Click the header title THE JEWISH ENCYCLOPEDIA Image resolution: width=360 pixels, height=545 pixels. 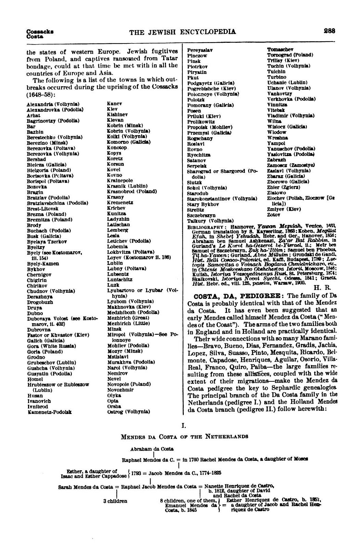(183, 32)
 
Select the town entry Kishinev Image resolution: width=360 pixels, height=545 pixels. (117, 115)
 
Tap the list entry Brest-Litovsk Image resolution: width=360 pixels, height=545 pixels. (42, 208)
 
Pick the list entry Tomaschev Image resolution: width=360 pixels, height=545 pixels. (280, 50)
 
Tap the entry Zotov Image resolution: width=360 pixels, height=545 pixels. (273, 215)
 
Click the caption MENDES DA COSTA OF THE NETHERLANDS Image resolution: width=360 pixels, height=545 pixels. (184, 436)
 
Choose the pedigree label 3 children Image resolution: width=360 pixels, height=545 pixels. (115, 501)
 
